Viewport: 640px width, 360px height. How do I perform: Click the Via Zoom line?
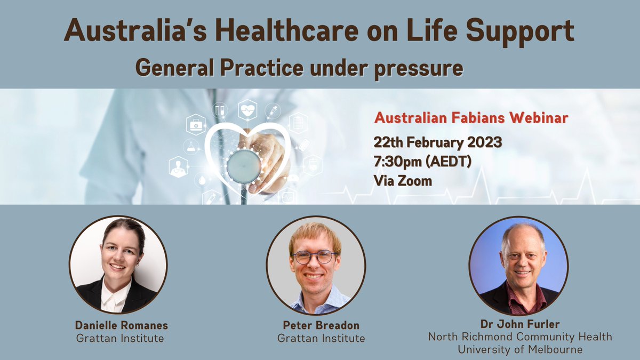tap(403, 180)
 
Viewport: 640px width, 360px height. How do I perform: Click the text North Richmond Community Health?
tap(520, 337)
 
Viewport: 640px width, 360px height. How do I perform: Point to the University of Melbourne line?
tap(520, 349)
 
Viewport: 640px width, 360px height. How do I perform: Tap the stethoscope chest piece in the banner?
tap(244, 167)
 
